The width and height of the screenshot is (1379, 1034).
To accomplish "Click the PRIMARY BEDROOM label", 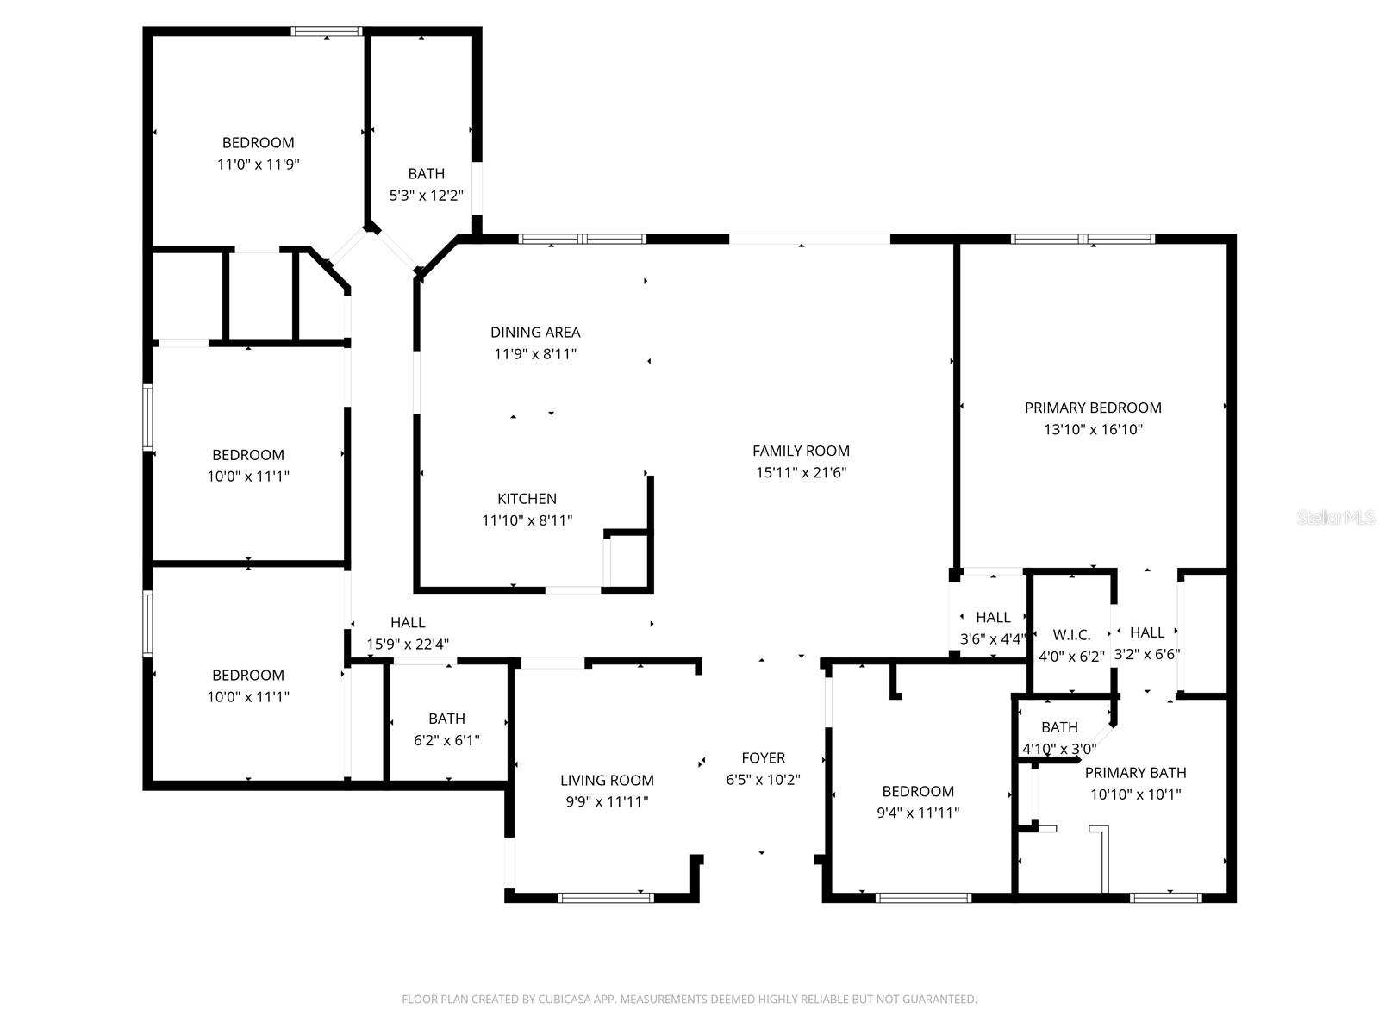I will pos(1093,408).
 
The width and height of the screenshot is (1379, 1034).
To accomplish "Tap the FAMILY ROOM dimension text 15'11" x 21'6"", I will pos(801,472).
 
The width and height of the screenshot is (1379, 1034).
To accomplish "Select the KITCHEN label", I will pos(527,499).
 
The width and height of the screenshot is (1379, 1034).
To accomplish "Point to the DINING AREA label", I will pos(535,332).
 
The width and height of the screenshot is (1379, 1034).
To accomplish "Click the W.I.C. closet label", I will pos(1071,635).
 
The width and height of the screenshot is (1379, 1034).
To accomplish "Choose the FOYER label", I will pos(763,758).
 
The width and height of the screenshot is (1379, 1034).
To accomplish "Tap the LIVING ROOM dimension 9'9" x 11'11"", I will pos(607,802).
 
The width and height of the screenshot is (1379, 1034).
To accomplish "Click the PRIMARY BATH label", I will pos(1135,773).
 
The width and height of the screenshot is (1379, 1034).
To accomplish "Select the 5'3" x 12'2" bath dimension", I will pos(427,196).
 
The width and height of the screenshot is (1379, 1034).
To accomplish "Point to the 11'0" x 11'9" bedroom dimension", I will pos(258,165).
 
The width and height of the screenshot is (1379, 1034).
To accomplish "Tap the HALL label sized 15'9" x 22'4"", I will pos(408,622).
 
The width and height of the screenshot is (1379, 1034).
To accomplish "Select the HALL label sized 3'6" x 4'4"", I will pos(993,618).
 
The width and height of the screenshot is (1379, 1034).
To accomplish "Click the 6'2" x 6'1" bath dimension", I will pos(446,740).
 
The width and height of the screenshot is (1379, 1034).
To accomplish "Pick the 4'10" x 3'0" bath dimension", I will pos(1059,749).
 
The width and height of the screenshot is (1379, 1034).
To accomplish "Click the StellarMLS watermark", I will pos(1336,518).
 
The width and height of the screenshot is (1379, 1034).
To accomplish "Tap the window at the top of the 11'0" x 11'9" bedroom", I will pos(326,32).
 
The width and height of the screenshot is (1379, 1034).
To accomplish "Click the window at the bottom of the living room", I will pos(606,898).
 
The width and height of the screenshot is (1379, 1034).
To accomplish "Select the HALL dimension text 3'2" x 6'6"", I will pos(1147,654).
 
